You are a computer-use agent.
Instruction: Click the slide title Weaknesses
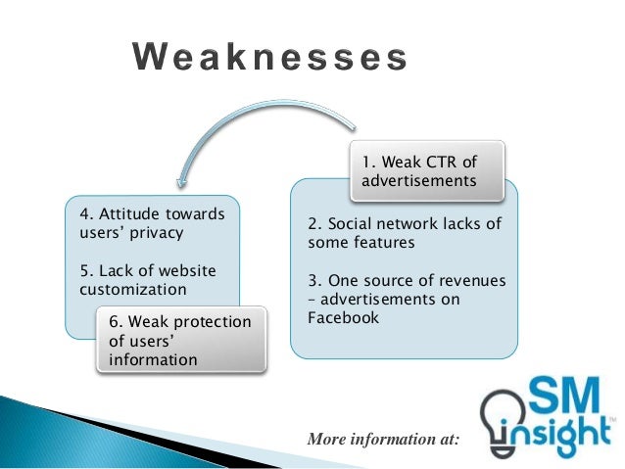click(x=270, y=59)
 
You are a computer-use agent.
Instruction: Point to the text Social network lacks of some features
click(x=404, y=233)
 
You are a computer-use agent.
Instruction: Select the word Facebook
click(x=343, y=317)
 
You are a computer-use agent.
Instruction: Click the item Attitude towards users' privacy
click(x=151, y=223)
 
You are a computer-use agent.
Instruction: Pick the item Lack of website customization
click(x=146, y=280)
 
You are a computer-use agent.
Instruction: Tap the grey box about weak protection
click(x=180, y=341)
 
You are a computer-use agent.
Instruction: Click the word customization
click(x=132, y=290)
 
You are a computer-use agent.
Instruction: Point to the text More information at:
click(x=383, y=440)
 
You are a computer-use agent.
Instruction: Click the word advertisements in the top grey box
click(x=419, y=180)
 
